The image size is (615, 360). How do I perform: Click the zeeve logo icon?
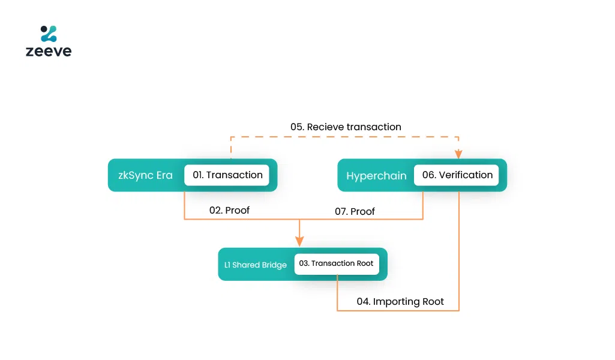coord(49,34)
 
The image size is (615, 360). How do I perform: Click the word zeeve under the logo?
coord(49,52)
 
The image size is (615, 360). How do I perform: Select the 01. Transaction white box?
coord(227,175)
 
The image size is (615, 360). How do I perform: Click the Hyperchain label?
coord(376,176)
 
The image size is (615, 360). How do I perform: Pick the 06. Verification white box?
coord(457,175)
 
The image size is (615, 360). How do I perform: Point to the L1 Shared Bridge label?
coord(251,265)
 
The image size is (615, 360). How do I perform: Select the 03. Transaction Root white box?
coord(337,263)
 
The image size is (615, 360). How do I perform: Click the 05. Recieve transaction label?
coord(346,127)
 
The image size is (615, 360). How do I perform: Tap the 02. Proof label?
coord(229,211)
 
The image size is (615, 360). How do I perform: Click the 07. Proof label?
coord(355,211)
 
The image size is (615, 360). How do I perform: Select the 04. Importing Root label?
coord(400,301)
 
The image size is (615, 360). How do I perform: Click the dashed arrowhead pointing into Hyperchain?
coord(459,154)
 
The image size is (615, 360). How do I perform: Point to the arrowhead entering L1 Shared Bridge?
coord(299,241)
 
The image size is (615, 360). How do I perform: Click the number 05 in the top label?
coord(296,127)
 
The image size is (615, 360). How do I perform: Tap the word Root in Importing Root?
coord(432,301)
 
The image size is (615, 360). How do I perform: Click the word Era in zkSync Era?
coord(164,175)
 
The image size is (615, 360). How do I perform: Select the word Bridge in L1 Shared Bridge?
coord(274,265)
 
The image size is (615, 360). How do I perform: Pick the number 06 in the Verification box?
coord(428,175)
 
